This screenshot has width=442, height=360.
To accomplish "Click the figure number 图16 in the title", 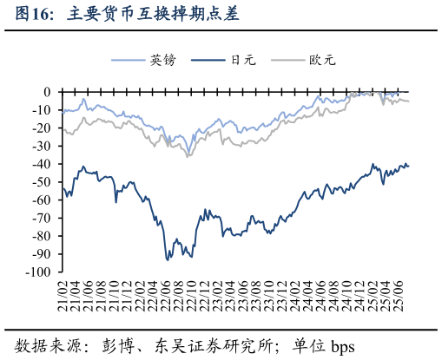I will [x=34, y=15].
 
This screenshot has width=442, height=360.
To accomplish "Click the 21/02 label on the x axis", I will [x=63, y=294].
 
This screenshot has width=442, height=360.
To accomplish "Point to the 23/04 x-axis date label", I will [x=230, y=294].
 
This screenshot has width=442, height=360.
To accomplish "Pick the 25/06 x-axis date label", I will [x=397, y=294].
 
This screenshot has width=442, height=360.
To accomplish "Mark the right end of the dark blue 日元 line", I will [x=409, y=166].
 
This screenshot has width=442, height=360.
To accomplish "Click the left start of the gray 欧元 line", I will [x=63, y=128].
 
